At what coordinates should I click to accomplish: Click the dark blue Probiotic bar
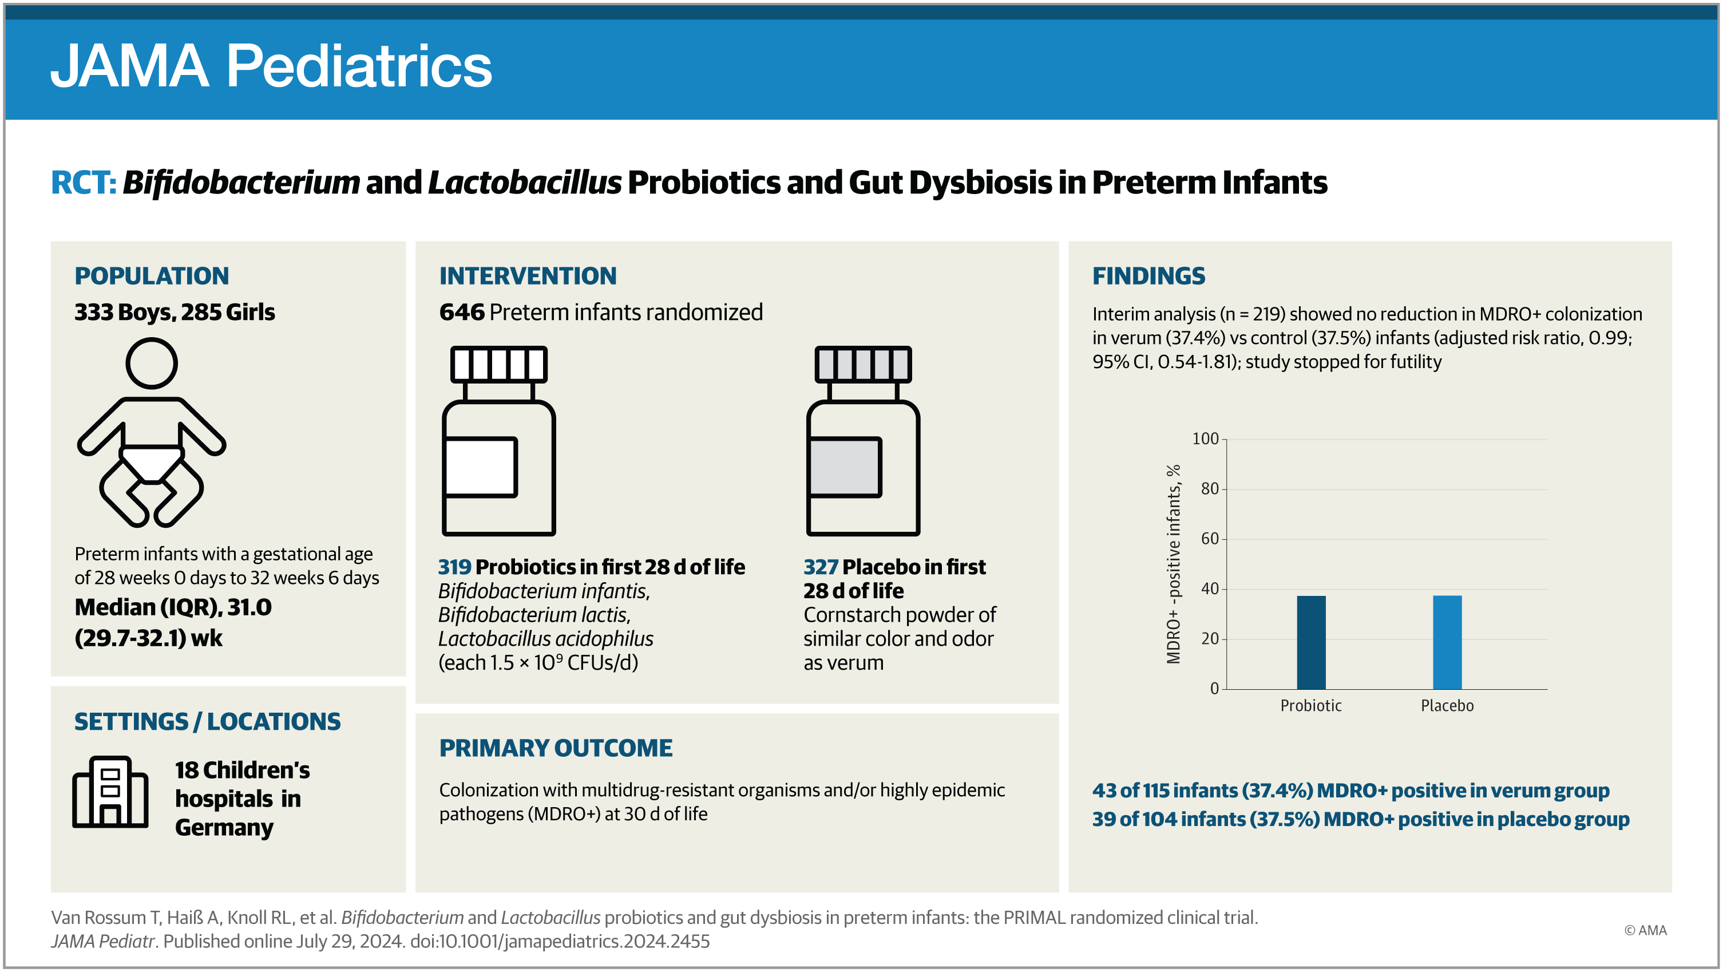(x=1310, y=642)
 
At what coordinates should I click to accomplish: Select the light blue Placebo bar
(x=1447, y=642)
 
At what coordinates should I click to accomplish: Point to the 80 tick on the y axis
(x=1209, y=489)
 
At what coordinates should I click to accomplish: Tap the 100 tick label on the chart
(x=1205, y=439)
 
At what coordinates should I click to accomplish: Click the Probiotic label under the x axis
(x=1310, y=706)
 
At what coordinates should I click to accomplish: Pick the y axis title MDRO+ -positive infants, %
(x=1173, y=564)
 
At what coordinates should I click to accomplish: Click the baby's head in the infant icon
(x=152, y=363)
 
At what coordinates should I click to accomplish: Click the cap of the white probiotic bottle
(x=498, y=365)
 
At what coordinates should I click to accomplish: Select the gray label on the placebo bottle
(x=844, y=467)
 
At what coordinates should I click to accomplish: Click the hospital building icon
(x=110, y=792)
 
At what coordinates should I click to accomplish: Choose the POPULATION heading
(x=152, y=275)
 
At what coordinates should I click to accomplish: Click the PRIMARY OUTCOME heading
(x=555, y=748)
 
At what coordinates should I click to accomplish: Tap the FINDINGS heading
(x=1148, y=275)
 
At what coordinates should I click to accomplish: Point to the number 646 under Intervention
(x=462, y=313)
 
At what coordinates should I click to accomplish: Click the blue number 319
(x=454, y=567)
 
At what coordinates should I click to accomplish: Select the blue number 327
(x=820, y=567)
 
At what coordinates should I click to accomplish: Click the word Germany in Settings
(x=224, y=828)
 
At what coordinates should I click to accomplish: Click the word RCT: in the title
(x=84, y=183)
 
